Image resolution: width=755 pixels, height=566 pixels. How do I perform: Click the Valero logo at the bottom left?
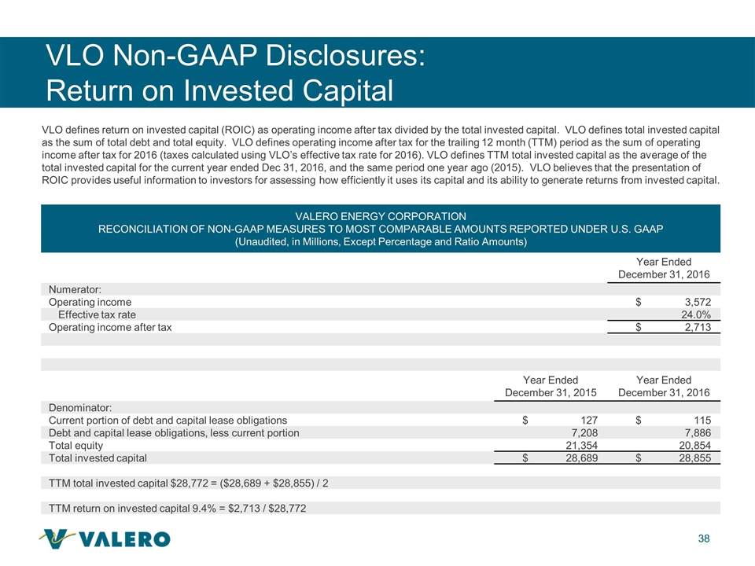(x=104, y=538)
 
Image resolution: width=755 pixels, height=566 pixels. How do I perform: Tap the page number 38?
(x=704, y=538)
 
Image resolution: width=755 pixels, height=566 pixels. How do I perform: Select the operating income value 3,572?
(x=693, y=302)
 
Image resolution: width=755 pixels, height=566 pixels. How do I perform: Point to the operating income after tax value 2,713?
(x=693, y=327)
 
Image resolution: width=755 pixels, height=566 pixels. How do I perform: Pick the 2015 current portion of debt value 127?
(x=585, y=420)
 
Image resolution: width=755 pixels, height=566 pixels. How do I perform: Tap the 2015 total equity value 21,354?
(x=576, y=445)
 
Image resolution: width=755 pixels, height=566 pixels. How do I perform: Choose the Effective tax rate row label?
(x=102, y=314)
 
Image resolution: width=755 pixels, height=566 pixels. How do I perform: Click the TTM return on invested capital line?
(x=178, y=508)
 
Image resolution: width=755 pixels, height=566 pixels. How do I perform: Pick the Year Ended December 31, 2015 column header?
(x=551, y=386)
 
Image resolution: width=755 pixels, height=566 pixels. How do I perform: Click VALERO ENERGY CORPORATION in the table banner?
(x=380, y=215)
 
